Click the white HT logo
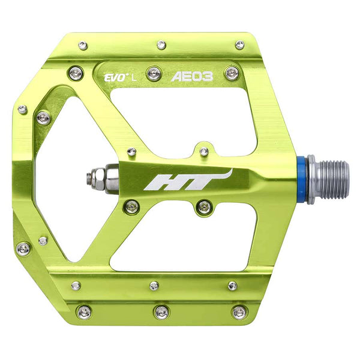pos(187,181)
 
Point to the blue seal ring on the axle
pos(302,179)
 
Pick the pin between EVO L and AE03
pos(154,73)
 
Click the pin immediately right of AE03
pos(232,73)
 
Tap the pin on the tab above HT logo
pos(204,151)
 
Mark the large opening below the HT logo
pos(180,240)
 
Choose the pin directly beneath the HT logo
pos(203,208)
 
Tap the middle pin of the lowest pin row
pos(161,312)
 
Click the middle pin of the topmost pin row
pos(161,45)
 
